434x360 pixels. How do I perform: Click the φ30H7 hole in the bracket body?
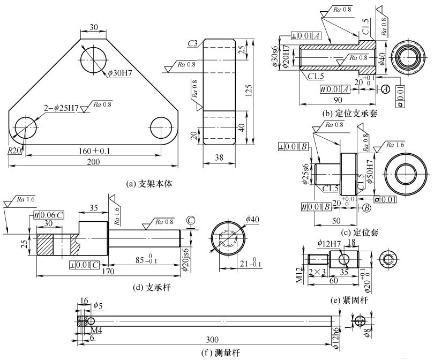tap(94, 60)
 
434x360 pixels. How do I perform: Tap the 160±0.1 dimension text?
tap(94, 151)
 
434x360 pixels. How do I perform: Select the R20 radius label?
tap(14, 151)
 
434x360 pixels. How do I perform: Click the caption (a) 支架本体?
tap(149, 184)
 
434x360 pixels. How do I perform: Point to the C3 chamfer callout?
tap(193, 43)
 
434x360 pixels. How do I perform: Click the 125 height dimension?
tap(248, 91)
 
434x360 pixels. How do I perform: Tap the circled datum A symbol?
tap(385, 89)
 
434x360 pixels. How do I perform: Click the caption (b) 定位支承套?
tap(350, 114)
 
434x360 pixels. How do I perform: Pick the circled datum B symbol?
tap(366, 207)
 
